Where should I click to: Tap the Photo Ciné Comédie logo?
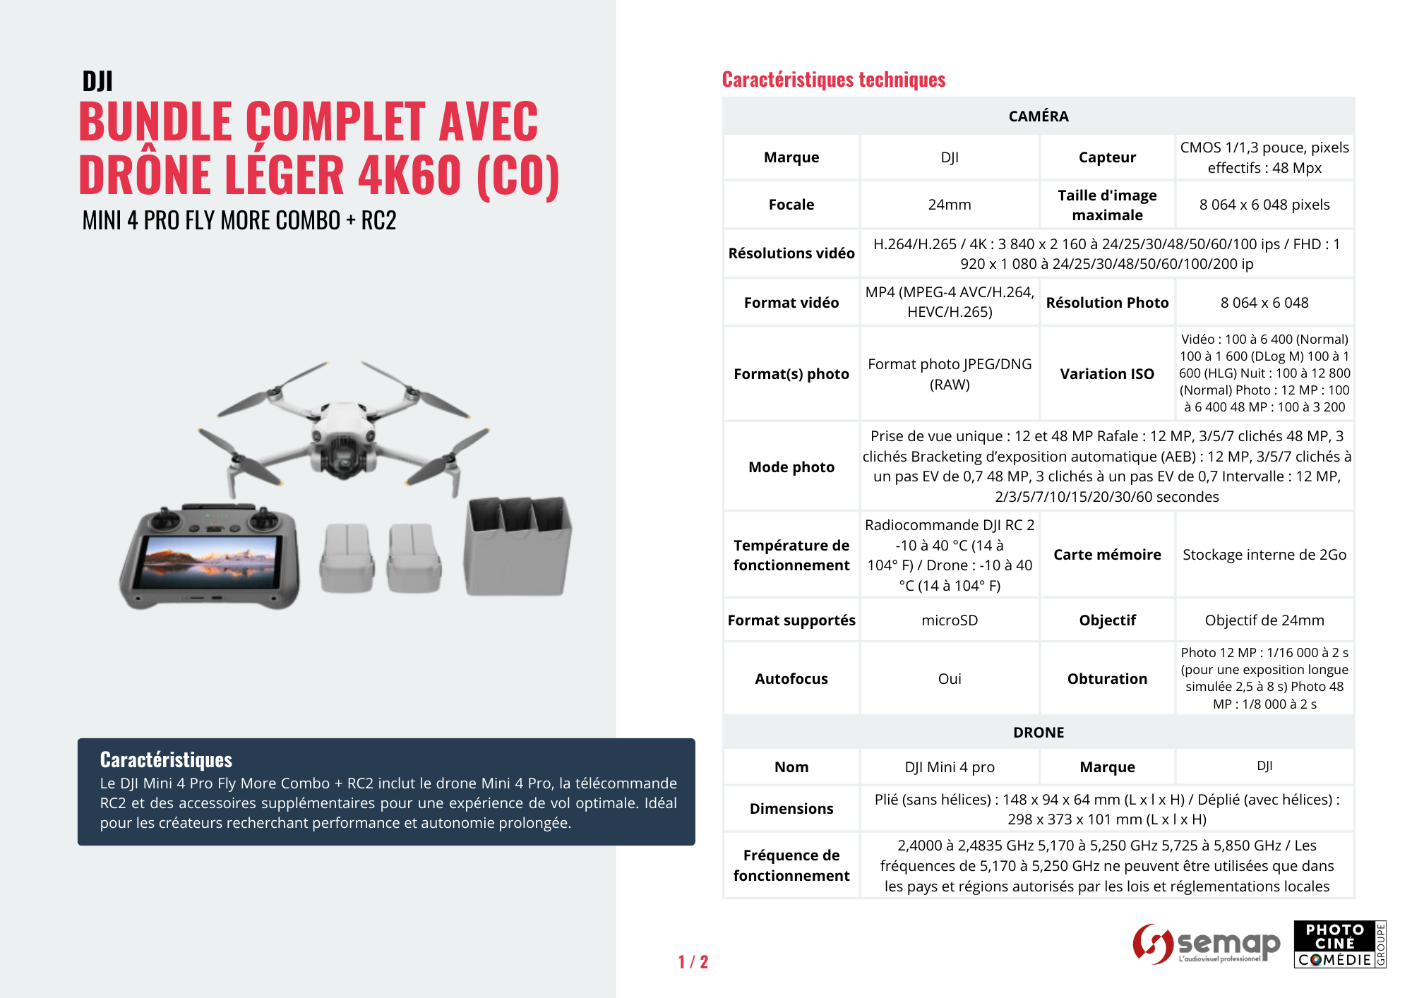pyautogui.click(x=1339, y=944)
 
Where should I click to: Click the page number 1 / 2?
pyautogui.click(x=693, y=962)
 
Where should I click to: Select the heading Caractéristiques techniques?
pyautogui.click(x=833, y=80)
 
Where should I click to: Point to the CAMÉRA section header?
pyautogui.click(x=1038, y=116)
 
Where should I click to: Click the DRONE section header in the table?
pyautogui.click(x=1038, y=733)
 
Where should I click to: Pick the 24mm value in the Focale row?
pyautogui.click(x=949, y=205)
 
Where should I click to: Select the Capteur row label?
pyautogui.click(x=1106, y=157)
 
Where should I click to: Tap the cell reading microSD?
pyautogui.click(x=949, y=620)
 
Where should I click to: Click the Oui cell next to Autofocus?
pyautogui.click(x=949, y=679)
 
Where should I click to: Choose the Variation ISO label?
pyautogui.click(x=1106, y=374)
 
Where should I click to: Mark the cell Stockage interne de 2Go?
pyautogui.click(x=1264, y=555)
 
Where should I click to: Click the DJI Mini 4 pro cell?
pyautogui.click(x=949, y=767)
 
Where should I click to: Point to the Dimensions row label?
pyautogui.click(x=791, y=809)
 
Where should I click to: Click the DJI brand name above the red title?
pyautogui.click(x=97, y=81)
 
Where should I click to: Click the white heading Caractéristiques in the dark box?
pyautogui.click(x=166, y=759)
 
